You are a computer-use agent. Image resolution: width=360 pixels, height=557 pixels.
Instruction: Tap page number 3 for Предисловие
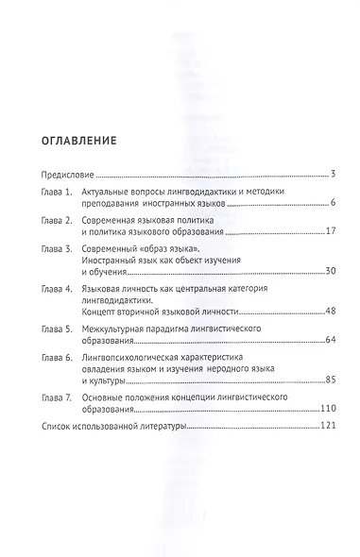322,175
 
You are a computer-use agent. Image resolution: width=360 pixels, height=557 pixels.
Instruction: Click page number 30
318,272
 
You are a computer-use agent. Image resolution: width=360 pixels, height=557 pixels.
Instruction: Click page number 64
318,340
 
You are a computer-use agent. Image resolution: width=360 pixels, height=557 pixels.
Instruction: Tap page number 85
318,380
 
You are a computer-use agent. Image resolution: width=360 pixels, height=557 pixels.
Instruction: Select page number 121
317,428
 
